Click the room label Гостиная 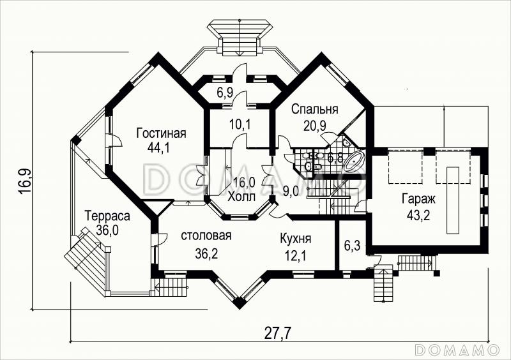162,133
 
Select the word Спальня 314,109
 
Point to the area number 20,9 315,126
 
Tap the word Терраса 107,216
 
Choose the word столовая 206,236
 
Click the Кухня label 296,239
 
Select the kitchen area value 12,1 294,255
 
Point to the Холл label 241,197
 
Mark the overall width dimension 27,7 277,333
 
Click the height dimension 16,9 25,181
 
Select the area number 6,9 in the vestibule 225,93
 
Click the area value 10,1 240,124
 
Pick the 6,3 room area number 352,246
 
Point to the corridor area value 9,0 291,191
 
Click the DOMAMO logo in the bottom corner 457,349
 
